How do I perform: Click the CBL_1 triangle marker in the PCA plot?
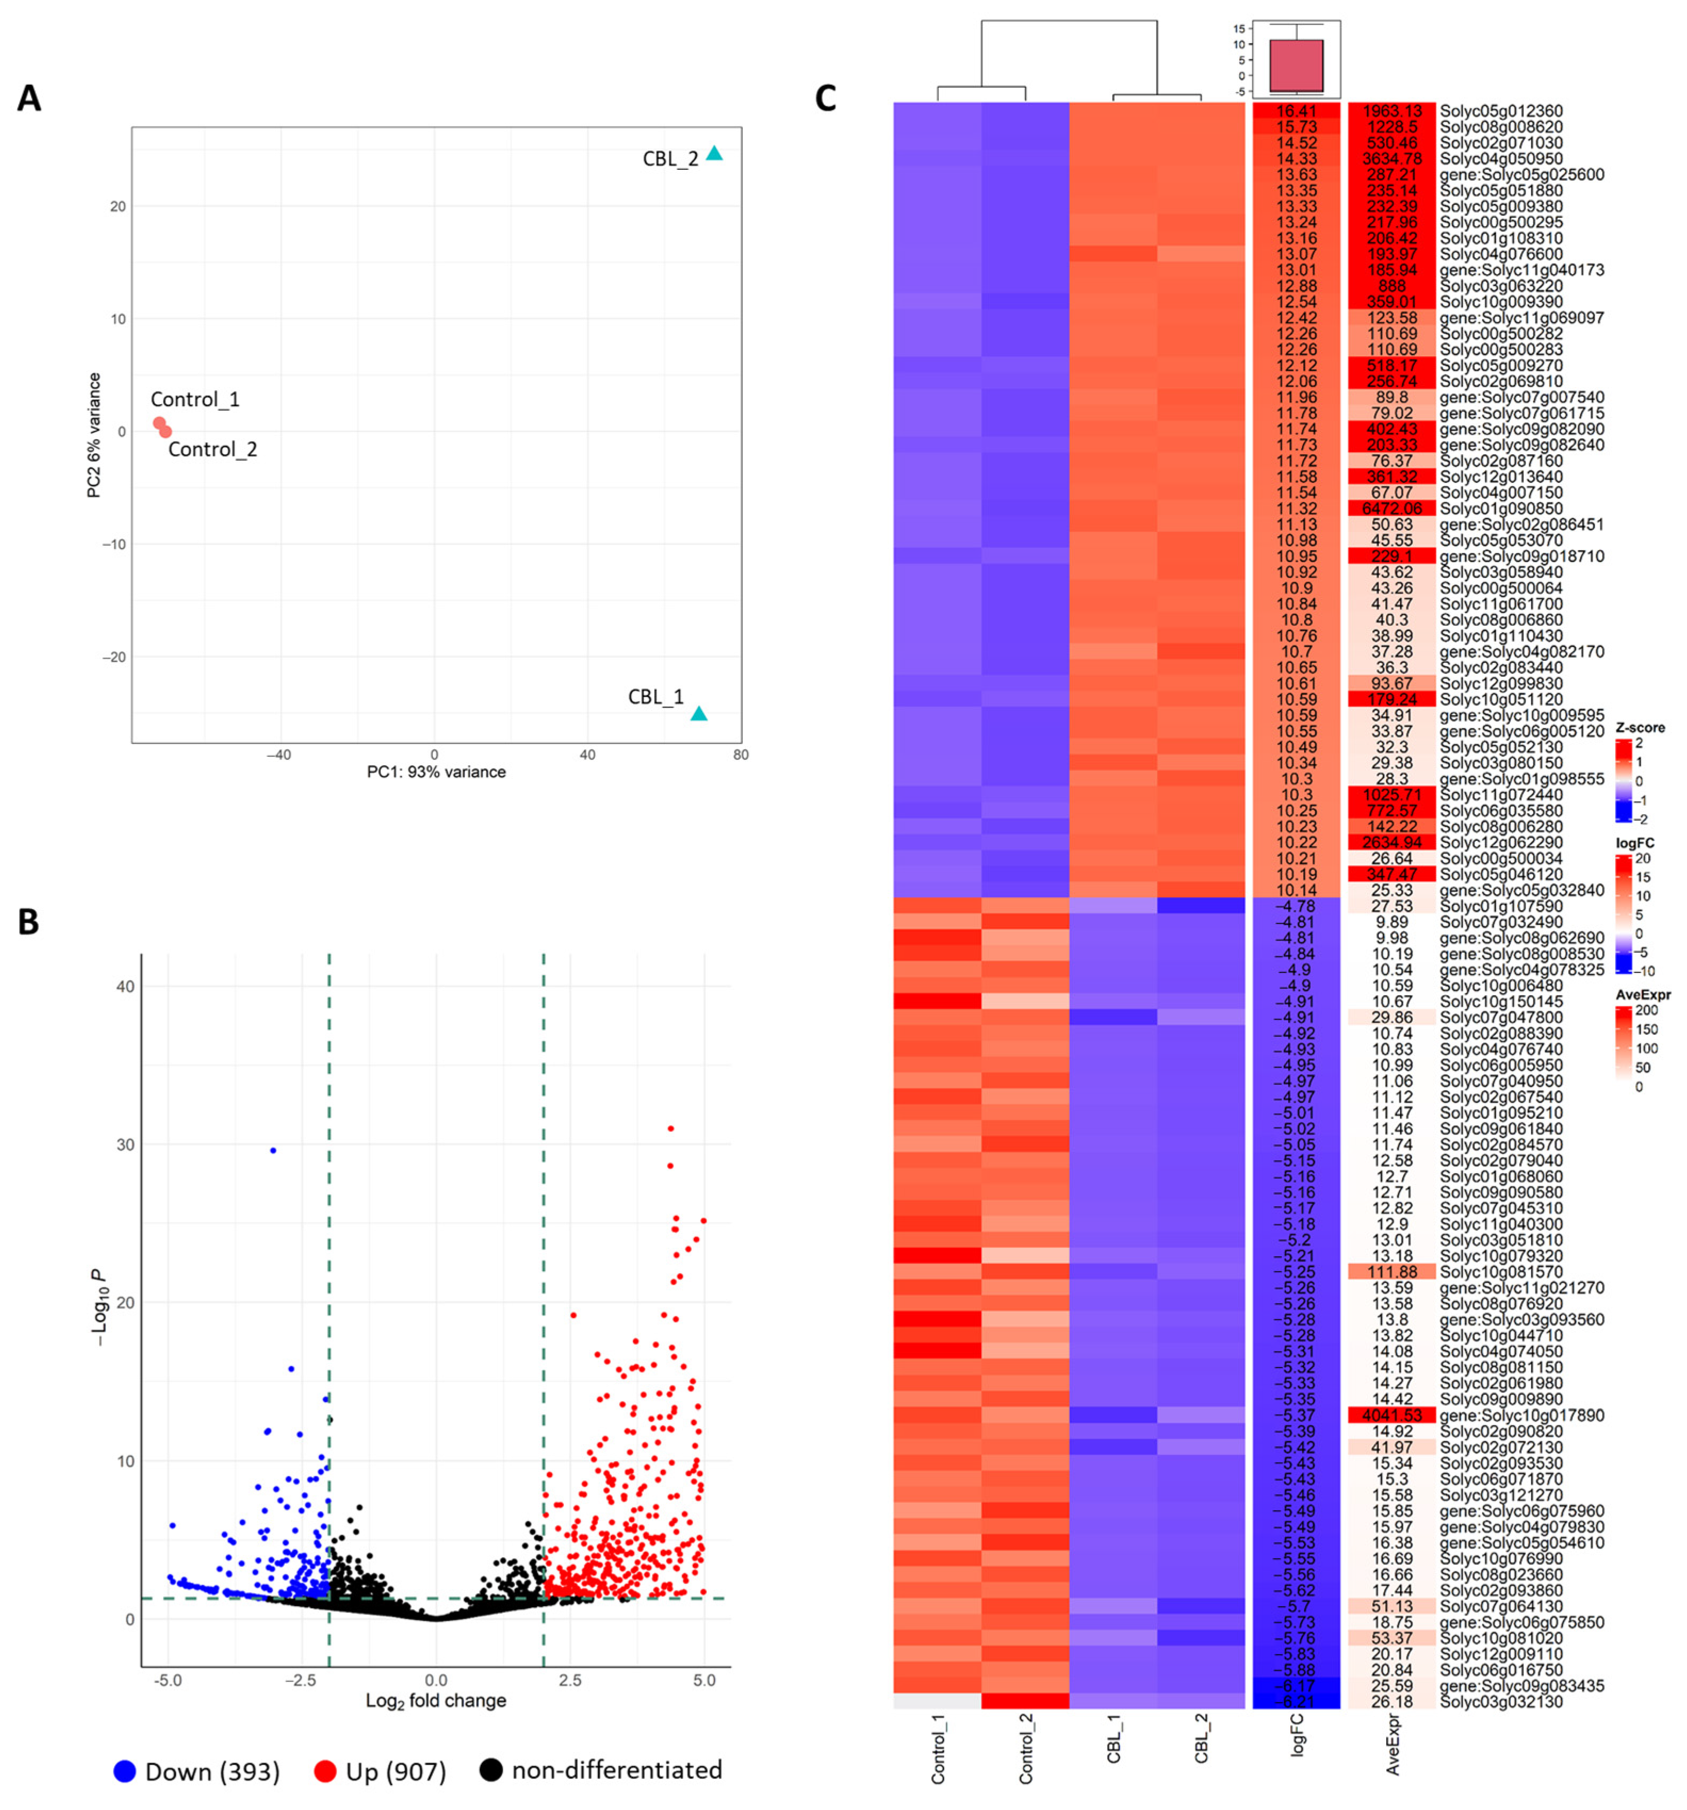698,714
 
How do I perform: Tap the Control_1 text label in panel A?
195,399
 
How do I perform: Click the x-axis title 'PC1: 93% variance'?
436,772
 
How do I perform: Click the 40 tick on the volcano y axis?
124,987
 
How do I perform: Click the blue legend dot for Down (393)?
125,1770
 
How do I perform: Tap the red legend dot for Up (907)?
325,1770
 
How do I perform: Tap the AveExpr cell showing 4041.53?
1391,1416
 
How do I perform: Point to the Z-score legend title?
1640,727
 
